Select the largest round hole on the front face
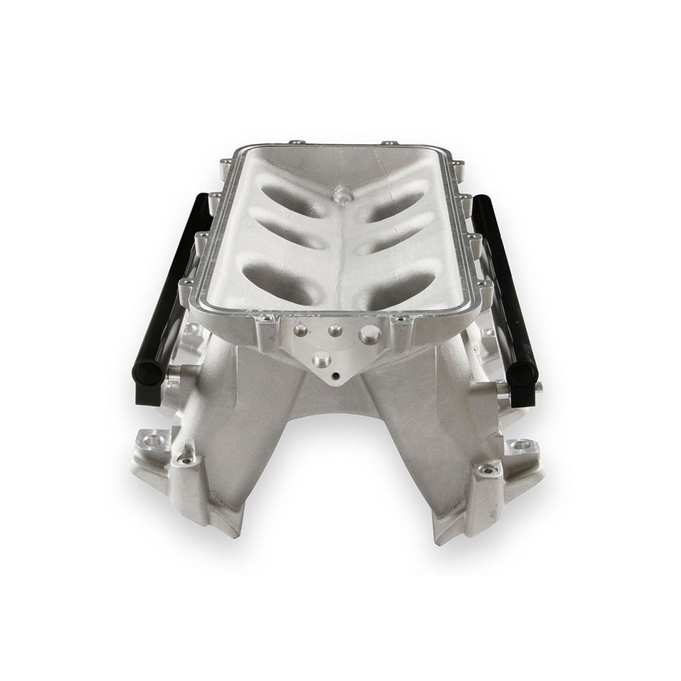coord(369,334)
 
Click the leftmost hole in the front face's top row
coord(300,330)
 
